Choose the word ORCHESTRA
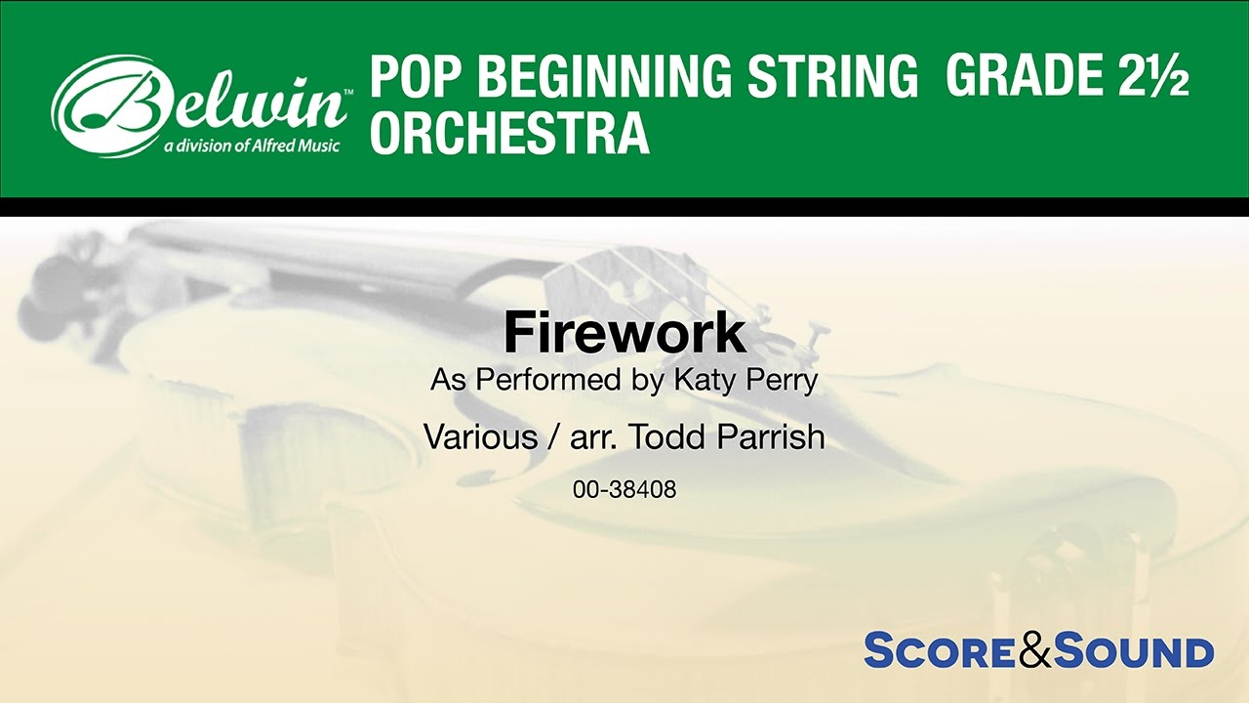click(509, 134)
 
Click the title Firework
click(624, 334)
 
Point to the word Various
click(480, 436)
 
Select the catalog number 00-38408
click(624, 490)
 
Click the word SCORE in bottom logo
click(940, 651)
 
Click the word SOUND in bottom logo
click(1135, 651)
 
